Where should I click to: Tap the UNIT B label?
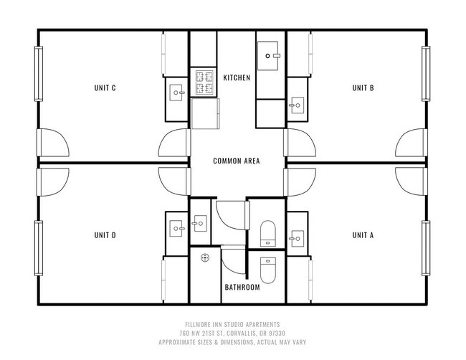(x=363, y=88)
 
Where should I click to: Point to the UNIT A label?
(x=363, y=235)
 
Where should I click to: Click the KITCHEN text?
(x=237, y=77)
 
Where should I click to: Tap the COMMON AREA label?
(x=237, y=161)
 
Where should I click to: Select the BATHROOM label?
(x=242, y=288)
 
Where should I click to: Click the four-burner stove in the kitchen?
(x=204, y=83)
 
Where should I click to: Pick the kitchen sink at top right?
(x=272, y=54)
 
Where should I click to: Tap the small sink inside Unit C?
(x=177, y=93)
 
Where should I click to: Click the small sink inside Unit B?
(x=295, y=106)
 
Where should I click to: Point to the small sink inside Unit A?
(x=295, y=235)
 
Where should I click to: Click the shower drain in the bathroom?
(x=205, y=257)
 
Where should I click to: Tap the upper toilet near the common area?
(x=267, y=232)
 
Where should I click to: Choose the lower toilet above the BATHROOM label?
(x=267, y=270)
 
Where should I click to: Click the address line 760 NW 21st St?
(x=234, y=333)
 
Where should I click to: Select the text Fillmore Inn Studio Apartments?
(x=234, y=323)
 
